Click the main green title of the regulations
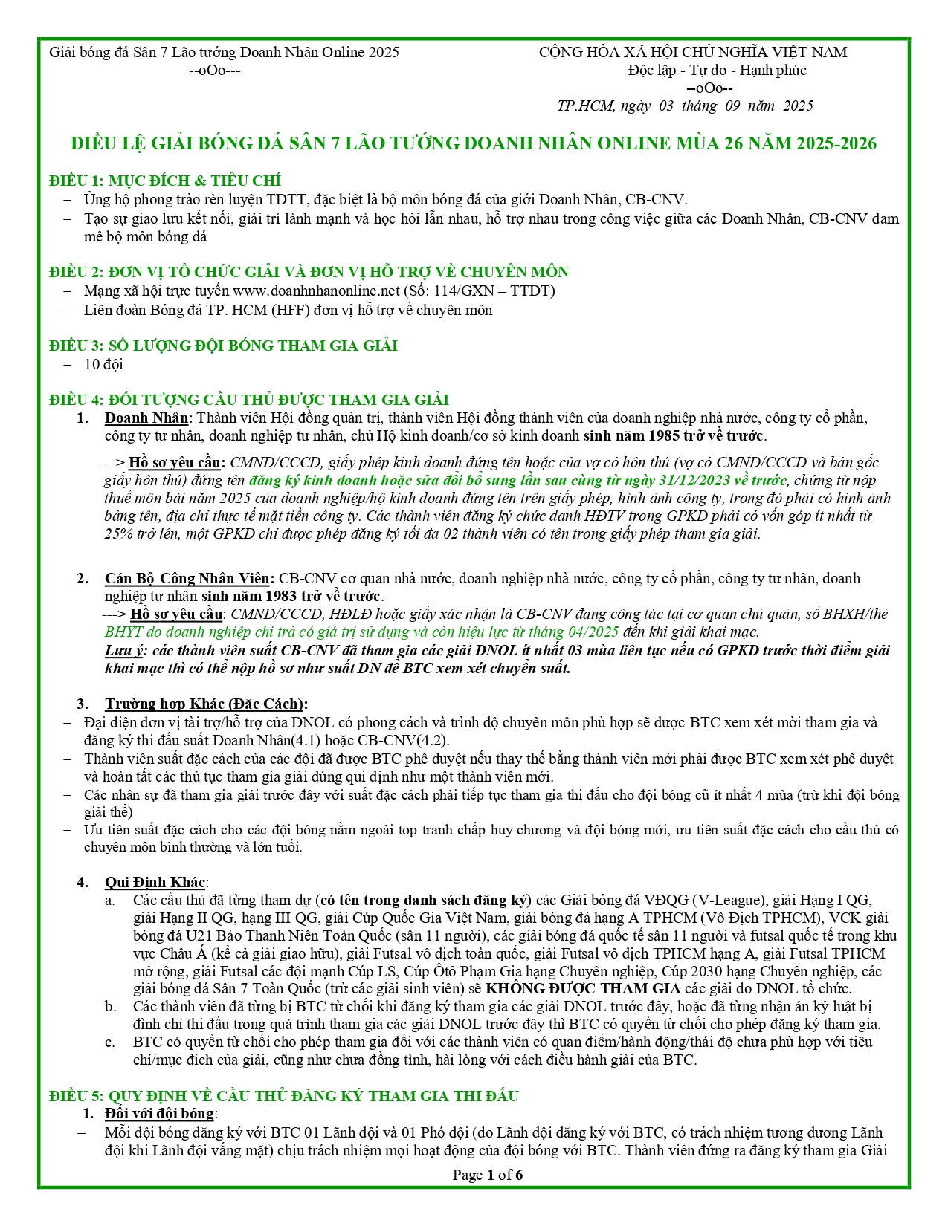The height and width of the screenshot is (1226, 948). tap(474, 143)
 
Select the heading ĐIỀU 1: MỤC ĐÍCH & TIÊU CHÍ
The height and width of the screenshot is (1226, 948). tap(165, 181)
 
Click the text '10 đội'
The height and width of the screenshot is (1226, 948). tap(103, 364)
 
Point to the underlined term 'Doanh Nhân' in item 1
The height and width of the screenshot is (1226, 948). tap(146, 418)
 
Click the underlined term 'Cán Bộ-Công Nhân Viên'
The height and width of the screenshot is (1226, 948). tap(188, 578)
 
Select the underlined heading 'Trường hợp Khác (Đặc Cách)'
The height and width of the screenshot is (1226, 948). tap(205, 704)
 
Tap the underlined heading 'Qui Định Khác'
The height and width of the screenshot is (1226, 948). tap(155, 882)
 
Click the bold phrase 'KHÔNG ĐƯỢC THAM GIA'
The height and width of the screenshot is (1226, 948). tap(583, 988)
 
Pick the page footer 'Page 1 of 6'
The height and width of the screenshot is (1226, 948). tap(488, 1175)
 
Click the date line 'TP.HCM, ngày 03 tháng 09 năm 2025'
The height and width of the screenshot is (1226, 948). tap(685, 106)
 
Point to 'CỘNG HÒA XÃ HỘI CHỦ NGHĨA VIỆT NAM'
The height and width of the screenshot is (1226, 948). tap(692, 52)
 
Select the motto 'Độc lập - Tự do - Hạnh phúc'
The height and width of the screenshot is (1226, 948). tap(717, 70)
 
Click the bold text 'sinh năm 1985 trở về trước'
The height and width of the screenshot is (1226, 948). tap(674, 435)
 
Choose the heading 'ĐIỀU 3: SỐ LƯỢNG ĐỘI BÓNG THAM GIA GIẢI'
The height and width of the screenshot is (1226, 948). tap(223, 346)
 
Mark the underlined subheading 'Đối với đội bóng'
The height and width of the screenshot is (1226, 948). tap(159, 1113)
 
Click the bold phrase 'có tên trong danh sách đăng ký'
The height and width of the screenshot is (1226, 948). tap(424, 900)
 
